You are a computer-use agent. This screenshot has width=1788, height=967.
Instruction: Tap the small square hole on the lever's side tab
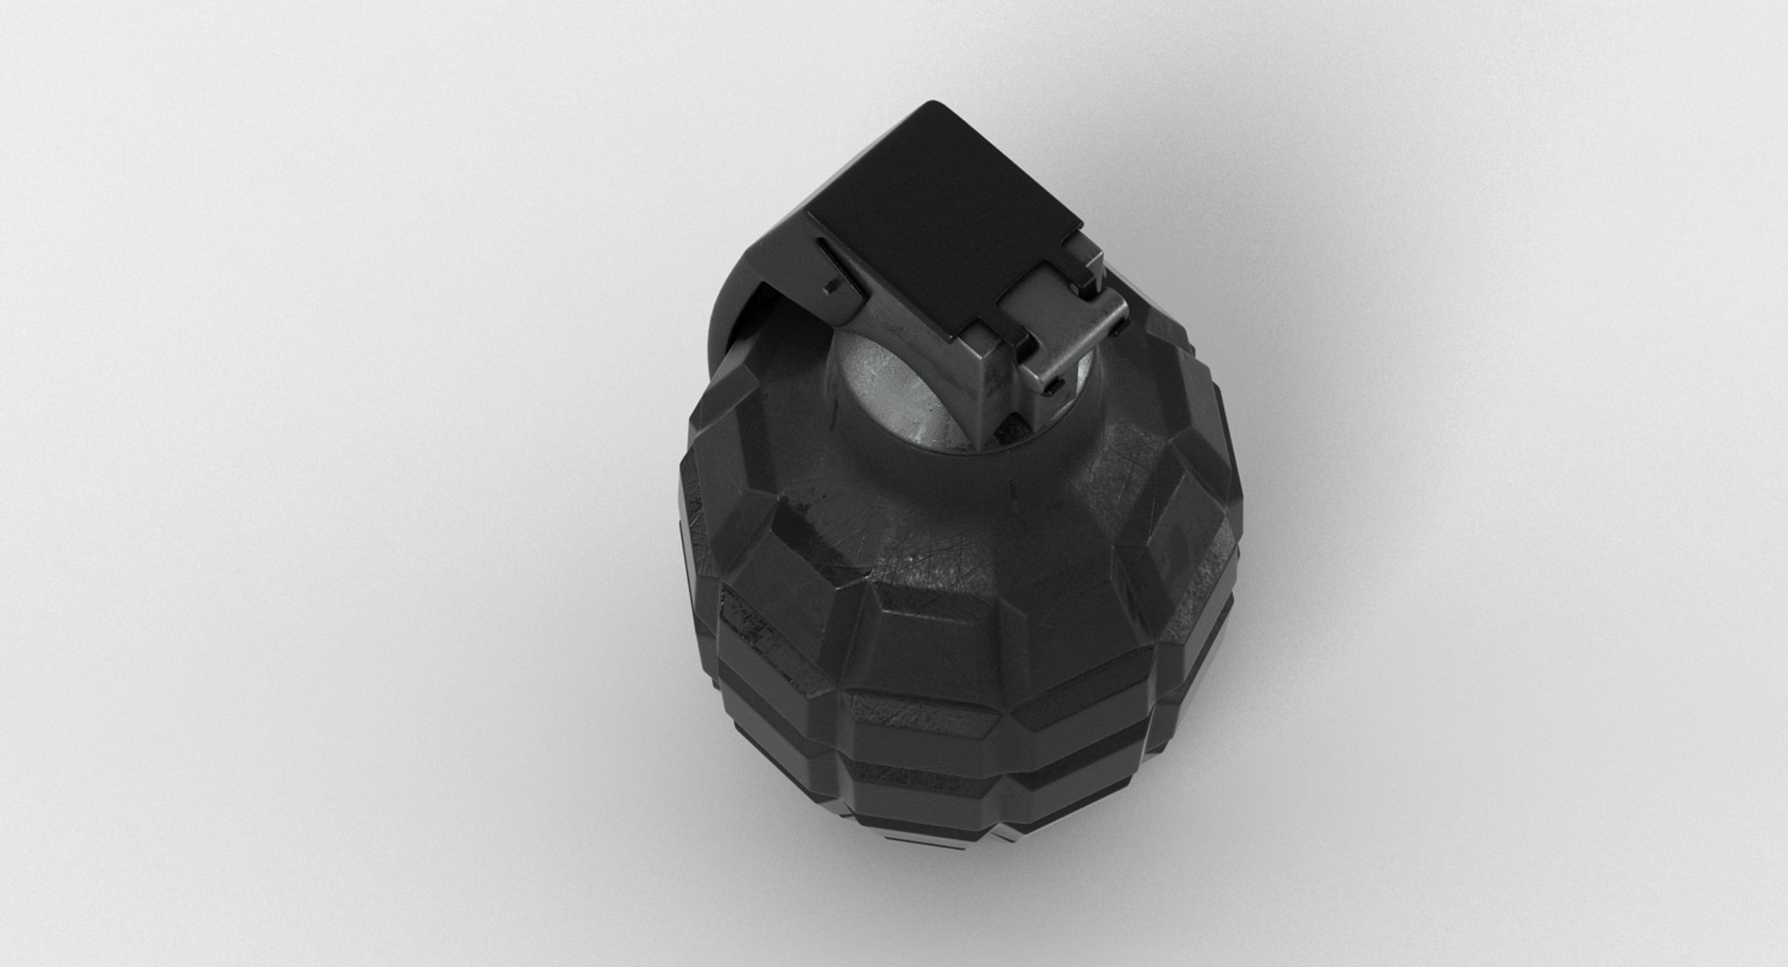[829, 288]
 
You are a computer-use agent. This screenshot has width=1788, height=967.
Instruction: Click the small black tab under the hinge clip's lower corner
[1054, 387]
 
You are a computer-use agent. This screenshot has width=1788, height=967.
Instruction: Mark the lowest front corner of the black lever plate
[952, 340]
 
